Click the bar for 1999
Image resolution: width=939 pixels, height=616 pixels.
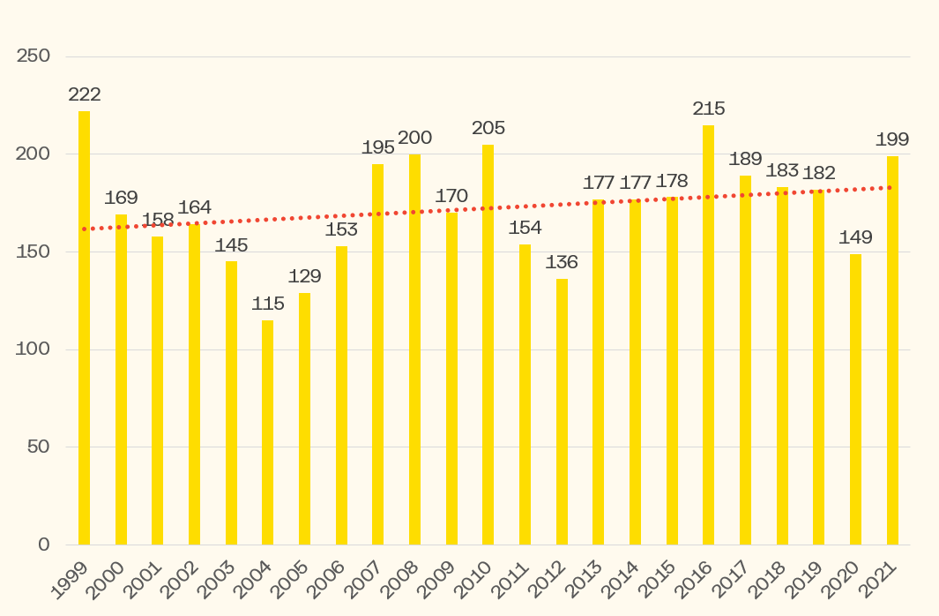pos(84,327)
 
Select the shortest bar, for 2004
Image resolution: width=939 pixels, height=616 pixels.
pos(267,432)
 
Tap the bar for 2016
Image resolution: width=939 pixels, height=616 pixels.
pos(708,335)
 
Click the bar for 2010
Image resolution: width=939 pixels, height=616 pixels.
pos(488,344)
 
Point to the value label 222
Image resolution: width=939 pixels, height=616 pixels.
pos(85,94)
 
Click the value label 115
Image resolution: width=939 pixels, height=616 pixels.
pos(268,304)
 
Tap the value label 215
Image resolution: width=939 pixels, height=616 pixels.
pos(709,109)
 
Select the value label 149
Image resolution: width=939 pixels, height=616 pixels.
pos(855,237)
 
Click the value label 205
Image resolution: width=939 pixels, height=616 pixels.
pos(488,128)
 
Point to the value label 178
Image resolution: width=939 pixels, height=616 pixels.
pos(672,181)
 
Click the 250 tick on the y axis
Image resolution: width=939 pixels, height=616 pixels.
pos(34,56)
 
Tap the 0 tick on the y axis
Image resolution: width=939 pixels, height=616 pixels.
pos(43,545)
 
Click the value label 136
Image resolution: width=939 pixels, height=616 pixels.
pos(562,262)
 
